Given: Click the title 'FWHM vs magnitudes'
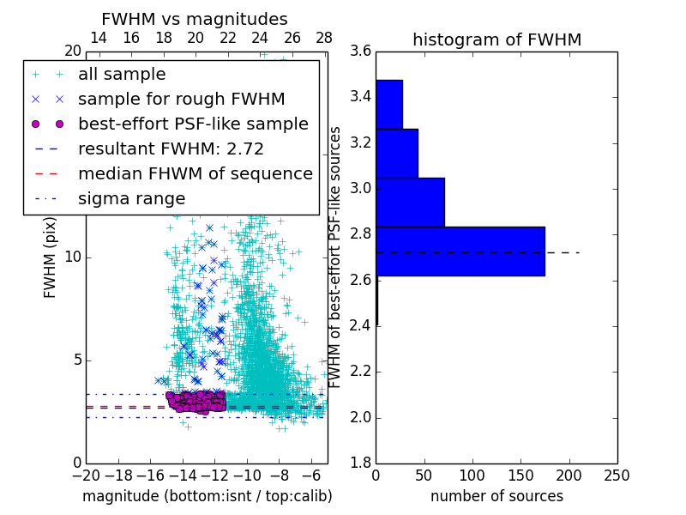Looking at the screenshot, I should pos(195,20).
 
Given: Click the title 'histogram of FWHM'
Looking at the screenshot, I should pos(496,39).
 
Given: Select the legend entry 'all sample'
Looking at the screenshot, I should pos(122,75).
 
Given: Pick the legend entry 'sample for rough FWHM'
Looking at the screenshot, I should pos(182,99).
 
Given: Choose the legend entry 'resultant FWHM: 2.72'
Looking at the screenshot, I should pos(171,148).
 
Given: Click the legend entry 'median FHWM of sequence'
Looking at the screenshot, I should pos(196,173).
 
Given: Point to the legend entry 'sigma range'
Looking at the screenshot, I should pos(131,199).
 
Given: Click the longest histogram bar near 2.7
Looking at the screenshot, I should pos(460,251).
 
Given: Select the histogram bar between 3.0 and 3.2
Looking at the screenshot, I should pos(410,202).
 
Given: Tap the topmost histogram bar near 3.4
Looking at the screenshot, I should pos(388,104).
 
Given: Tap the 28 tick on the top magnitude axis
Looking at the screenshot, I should pos(324,38).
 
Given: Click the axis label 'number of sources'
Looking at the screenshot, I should pos(496,496).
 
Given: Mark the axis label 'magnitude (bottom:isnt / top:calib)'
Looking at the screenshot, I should pos(207,496).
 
